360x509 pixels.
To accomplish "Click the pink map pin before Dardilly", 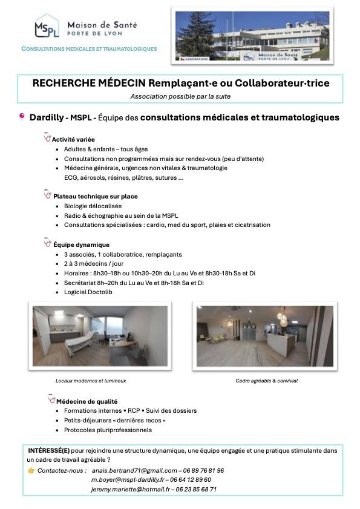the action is (x=22, y=117).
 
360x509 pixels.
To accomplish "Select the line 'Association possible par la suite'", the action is (x=180, y=96).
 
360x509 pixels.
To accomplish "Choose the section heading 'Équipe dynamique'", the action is (x=81, y=245).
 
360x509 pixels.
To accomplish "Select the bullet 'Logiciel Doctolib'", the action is (x=88, y=292).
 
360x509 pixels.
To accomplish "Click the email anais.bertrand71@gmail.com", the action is (x=134, y=470).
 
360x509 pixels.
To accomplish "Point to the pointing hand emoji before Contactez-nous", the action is (x=31, y=470).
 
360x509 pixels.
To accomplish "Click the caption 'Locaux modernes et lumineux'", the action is (x=91, y=381).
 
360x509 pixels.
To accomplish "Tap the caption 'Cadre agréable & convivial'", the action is (x=266, y=381).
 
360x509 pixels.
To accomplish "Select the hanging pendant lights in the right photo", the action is (x=281, y=317).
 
